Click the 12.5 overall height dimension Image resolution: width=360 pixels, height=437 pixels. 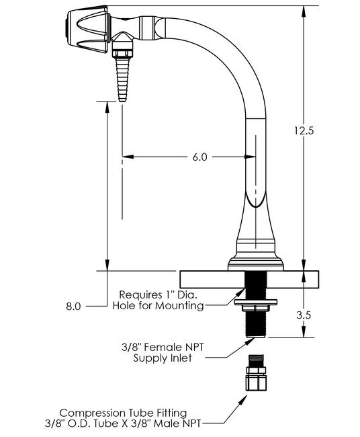[304, 130]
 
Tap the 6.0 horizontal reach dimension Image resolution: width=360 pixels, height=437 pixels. [200, 157]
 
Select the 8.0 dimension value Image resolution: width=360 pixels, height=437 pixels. [73, 307]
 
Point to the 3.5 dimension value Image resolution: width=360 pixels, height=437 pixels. [303, 315]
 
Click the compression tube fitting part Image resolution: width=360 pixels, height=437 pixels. [256, 372]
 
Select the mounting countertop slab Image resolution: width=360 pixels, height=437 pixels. [249, 279]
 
